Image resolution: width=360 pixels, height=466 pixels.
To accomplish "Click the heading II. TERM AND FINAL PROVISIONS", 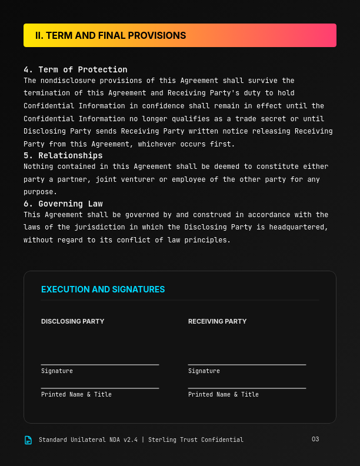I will click(111, 35).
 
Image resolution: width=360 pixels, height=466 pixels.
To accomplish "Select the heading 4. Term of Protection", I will click(75, 69).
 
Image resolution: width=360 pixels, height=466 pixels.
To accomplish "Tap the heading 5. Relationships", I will click(63, 155).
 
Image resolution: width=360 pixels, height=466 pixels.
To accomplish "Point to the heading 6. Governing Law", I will click(63, 204).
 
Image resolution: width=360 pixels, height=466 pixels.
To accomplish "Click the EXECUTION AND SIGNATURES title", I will click(103, 289).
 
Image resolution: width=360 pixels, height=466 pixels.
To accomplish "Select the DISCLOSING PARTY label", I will click(72, 321).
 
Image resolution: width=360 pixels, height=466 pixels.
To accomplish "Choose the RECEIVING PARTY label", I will click(217, 321).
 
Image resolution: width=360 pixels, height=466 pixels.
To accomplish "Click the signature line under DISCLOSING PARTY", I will click(100, 365).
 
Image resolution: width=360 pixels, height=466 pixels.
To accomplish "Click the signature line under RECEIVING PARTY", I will click(247, 365).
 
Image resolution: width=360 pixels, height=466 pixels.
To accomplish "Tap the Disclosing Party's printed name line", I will click(100, 388).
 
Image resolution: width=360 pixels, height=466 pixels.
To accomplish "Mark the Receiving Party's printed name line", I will click(247, 388).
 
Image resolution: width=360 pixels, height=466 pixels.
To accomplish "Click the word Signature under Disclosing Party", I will click(57, 371).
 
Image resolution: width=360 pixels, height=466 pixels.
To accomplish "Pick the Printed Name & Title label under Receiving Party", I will click(224, 395).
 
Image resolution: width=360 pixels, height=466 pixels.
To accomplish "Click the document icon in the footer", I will click(28, 440).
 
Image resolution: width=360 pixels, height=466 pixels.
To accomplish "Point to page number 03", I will click(315, 439).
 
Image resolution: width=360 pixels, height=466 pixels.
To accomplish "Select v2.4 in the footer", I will click(130, 440).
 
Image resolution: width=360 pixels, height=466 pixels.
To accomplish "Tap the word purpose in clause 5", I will click(41, 192).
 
